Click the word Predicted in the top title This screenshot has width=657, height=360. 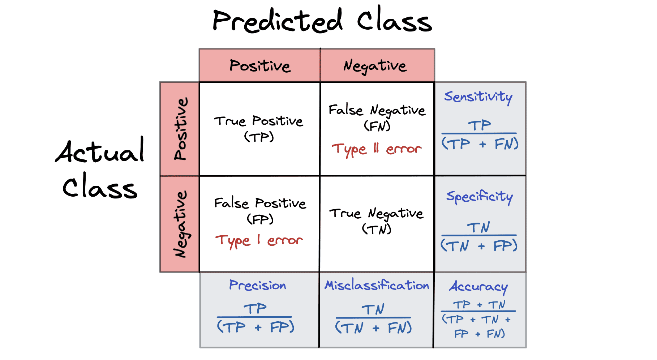(x=277, y=21)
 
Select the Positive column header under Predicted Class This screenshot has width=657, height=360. (x=260, y=66)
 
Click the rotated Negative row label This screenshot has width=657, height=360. (x=180, y=224)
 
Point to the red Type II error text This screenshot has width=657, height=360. (x=377, y=149)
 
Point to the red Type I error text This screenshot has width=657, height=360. (x=259, y=240)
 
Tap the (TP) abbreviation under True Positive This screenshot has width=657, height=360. (x=259, y=137)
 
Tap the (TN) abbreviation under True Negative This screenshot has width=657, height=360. (x=377, y=229)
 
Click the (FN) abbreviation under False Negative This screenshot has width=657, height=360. (x=377, y=126)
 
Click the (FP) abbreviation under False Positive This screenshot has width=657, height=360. (x=260, y=219)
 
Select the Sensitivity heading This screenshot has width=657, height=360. (x=478, y=97)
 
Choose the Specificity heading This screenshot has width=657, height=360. (x=480, y=197)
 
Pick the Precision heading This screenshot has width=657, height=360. (x=257, y=286)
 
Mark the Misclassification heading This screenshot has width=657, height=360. (x=377, y=286)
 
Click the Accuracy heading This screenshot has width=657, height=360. (x=478, y=287)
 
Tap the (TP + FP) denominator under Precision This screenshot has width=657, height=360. (x=255, y=327)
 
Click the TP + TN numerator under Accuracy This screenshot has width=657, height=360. (x=479, y=305)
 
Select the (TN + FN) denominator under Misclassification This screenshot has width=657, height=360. (x=373, y=328)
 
